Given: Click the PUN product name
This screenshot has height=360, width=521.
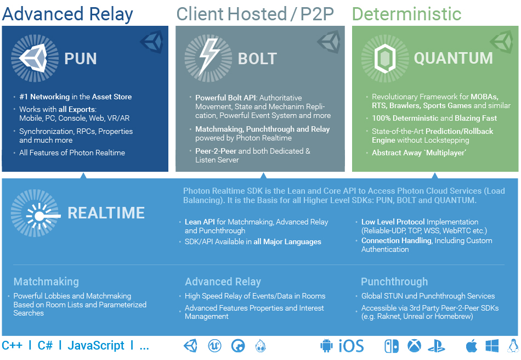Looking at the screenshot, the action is (81, 59).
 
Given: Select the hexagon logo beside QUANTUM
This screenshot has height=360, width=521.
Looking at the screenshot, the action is (385, 59).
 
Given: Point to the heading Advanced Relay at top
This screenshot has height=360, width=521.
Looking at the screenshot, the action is (67, 14).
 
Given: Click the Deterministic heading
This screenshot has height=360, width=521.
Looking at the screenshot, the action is (406, 14).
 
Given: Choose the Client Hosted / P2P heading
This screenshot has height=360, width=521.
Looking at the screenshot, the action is (255, 14).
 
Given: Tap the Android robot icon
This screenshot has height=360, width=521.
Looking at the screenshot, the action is (326, 346).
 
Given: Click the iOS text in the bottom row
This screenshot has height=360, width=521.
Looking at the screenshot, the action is (351, 346).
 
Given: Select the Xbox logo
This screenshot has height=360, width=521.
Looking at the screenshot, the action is (414, 346).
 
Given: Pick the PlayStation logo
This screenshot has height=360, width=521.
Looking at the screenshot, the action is (437, 346).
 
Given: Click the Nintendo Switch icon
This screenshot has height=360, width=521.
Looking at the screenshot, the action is (392, 346).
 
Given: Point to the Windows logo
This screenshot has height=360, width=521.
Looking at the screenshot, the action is (492, 346).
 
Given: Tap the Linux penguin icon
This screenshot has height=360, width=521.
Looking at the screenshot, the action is (514, 346).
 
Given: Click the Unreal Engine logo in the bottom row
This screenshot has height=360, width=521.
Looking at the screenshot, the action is (214, 346).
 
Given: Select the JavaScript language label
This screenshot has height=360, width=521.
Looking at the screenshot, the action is (96, 345).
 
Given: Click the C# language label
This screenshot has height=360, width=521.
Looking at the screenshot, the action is (45, 345).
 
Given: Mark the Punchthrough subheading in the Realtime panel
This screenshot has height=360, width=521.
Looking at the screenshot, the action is (394, 282).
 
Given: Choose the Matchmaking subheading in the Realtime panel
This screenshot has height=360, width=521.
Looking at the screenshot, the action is (46, 282).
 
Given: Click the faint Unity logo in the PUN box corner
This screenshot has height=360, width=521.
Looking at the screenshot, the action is (152, 42).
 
